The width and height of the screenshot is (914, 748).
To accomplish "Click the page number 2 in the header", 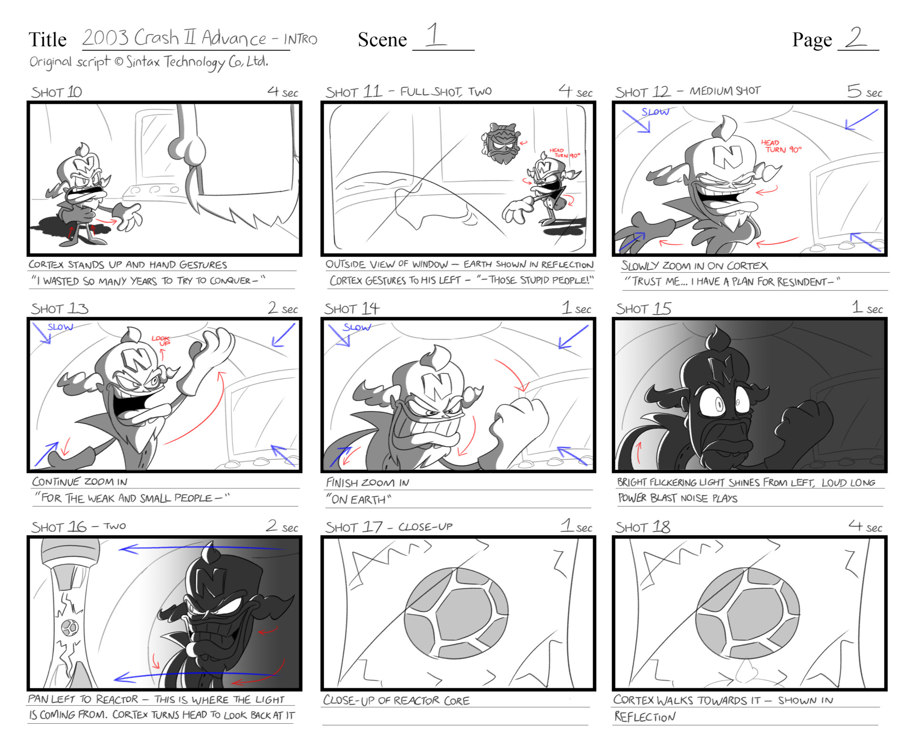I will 856,38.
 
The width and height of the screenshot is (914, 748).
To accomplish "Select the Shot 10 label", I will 57,92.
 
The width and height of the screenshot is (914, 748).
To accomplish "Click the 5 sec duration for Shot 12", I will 864,91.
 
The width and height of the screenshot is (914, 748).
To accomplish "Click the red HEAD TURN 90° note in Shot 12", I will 781,146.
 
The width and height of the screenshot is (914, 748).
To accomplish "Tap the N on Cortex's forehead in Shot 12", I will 727,157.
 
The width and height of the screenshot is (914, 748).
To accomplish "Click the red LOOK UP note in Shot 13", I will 161,340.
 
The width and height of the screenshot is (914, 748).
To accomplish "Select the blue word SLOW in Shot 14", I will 357,327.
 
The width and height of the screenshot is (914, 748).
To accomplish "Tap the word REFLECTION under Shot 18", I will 645,717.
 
